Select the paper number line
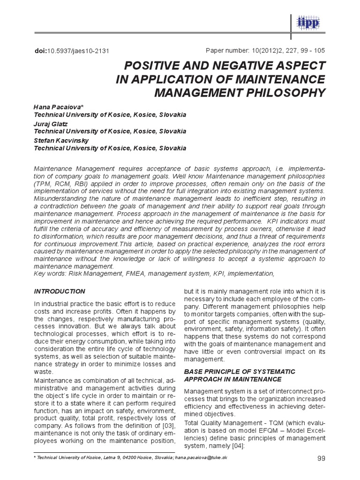coord(266,50)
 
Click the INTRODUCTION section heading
coord(60,291)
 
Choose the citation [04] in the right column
coord(240,446)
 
